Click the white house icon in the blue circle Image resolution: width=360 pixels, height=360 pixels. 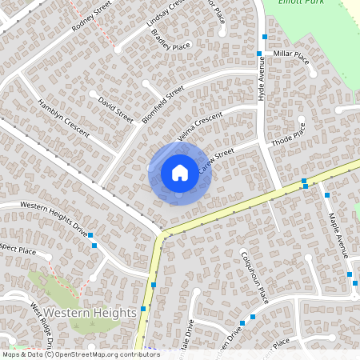179,172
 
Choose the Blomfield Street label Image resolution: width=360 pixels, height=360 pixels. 163,104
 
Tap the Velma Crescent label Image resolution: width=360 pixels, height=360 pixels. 200,128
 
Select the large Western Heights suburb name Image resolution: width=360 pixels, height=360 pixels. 90,313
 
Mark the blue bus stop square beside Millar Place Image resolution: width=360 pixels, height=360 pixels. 259,54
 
